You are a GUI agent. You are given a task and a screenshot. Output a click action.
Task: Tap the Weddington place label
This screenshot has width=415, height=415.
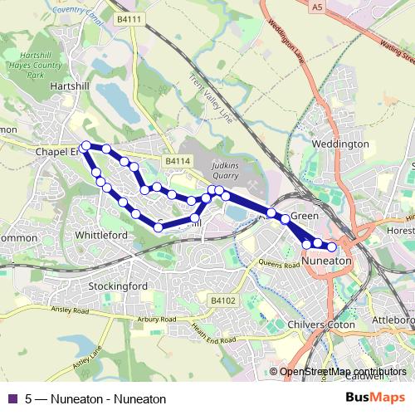pyautogui.click(x=339, y=144)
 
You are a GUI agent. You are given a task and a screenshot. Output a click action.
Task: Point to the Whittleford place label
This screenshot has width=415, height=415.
pyautogui.click(x=100, y=235)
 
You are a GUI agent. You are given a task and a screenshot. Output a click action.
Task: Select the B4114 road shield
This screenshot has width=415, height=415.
pyautogui.click(x=177, y=160)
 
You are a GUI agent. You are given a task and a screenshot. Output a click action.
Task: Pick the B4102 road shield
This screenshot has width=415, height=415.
pyautogui.click(x=222, y=300)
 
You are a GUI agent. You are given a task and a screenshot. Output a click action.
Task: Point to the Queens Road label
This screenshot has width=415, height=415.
pyautogui.click(x=278, y=264)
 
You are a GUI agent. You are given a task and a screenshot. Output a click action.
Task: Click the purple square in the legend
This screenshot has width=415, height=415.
pyautogui.click(x=12, y=398)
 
